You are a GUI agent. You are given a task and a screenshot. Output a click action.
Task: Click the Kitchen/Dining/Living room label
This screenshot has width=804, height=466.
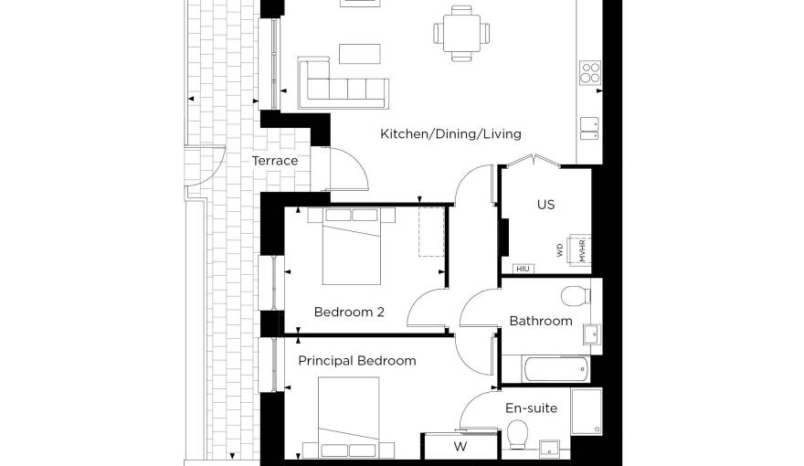pos(450,134)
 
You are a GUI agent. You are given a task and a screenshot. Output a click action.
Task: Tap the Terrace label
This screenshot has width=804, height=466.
pos(275,161)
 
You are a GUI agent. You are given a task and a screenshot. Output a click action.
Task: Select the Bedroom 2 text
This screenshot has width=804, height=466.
pos(349,312)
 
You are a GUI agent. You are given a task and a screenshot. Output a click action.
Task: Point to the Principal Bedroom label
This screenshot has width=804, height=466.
pos(357,361)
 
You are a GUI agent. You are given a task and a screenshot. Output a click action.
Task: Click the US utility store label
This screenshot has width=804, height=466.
pos(546,205)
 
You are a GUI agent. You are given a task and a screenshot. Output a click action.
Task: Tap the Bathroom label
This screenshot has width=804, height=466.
pos(541,321)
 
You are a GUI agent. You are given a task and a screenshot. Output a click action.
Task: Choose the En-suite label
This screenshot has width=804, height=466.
pos(531,408)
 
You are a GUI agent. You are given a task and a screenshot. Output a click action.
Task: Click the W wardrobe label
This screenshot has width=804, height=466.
pos(460,447)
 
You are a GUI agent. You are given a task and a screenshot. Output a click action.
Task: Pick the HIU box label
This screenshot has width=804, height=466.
pos(523,270)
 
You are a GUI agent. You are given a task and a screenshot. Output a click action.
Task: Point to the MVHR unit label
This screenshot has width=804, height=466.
pos(583,250)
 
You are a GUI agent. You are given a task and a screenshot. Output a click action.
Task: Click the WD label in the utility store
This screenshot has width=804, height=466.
pos(560,250)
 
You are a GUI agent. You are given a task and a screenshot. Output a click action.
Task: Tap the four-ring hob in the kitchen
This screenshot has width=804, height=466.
pos(590,73)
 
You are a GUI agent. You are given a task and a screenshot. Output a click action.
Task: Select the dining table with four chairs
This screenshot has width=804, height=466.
pos(461,33)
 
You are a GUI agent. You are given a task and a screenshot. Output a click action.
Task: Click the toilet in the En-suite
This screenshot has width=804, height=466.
pos(517,434)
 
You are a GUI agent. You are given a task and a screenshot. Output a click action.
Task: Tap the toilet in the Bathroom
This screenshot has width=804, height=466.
pos(576,296)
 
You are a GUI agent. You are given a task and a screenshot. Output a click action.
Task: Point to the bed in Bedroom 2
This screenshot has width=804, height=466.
pos(352,246)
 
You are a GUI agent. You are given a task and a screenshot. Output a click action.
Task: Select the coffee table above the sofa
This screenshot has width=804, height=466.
pos(359,54)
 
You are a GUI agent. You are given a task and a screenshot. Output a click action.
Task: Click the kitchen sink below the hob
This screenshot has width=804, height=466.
pos(589,129)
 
